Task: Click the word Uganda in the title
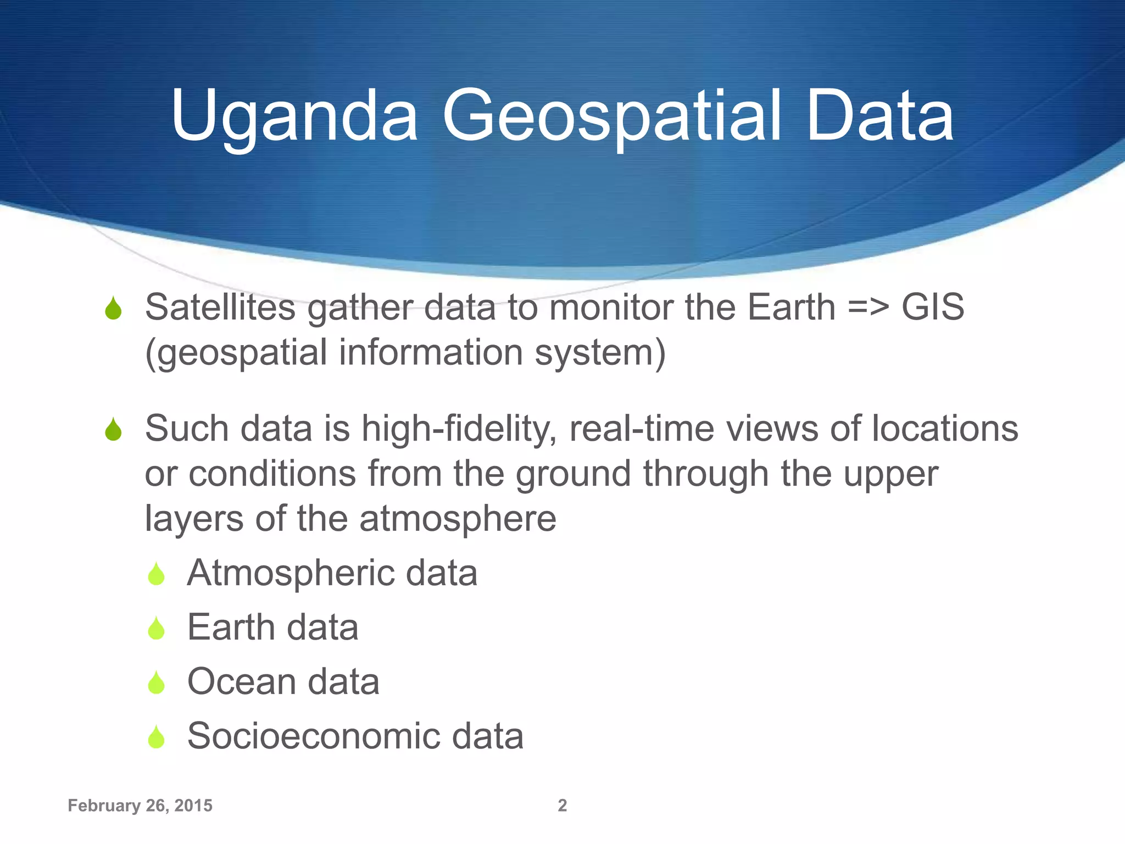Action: pos(294,116)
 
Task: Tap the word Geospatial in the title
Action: pos(611,116)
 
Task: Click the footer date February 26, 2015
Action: pos(140,806)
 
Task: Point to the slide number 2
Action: pos(562,806)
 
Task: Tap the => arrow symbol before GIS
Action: pos(868,308)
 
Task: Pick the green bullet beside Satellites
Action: pos(113,309)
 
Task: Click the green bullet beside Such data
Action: pos(113,430)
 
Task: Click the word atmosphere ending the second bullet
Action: pos(458,519)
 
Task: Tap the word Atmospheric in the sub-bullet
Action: pos(290,573)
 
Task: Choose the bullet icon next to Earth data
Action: pos(157,629)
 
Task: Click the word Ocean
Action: pos(241,682)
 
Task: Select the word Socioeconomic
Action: pos(313,736)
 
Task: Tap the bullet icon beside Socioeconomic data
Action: pos(157,737)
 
